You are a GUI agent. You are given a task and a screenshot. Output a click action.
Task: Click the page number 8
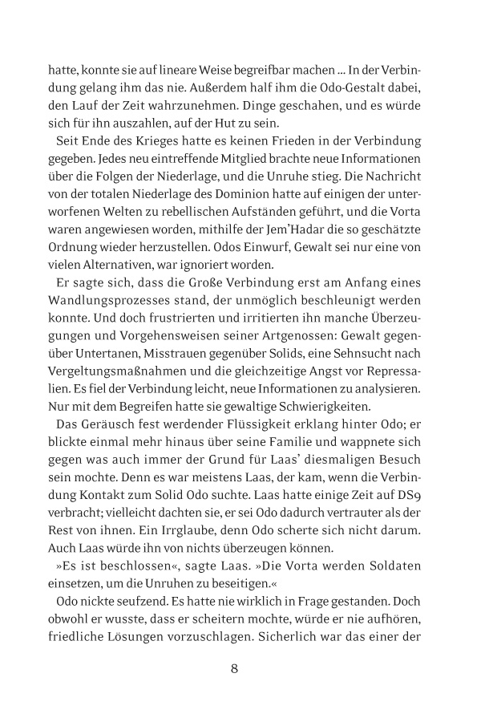[234, 667]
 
